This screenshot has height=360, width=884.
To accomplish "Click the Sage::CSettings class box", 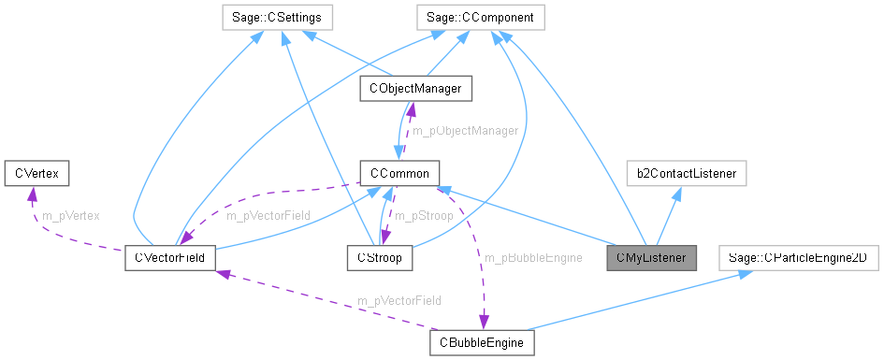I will (271, 17).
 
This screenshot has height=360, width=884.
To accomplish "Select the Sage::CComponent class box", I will (480, 17).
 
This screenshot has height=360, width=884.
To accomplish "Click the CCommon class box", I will (398, 173).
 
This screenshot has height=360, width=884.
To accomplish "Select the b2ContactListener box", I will (687, 173).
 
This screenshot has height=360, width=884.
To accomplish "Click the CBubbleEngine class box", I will (482, 342).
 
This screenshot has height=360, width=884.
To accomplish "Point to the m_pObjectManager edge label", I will (465, 131).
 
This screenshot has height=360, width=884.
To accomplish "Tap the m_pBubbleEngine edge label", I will (533, 256).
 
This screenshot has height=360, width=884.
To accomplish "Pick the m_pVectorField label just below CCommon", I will (268, 215).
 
